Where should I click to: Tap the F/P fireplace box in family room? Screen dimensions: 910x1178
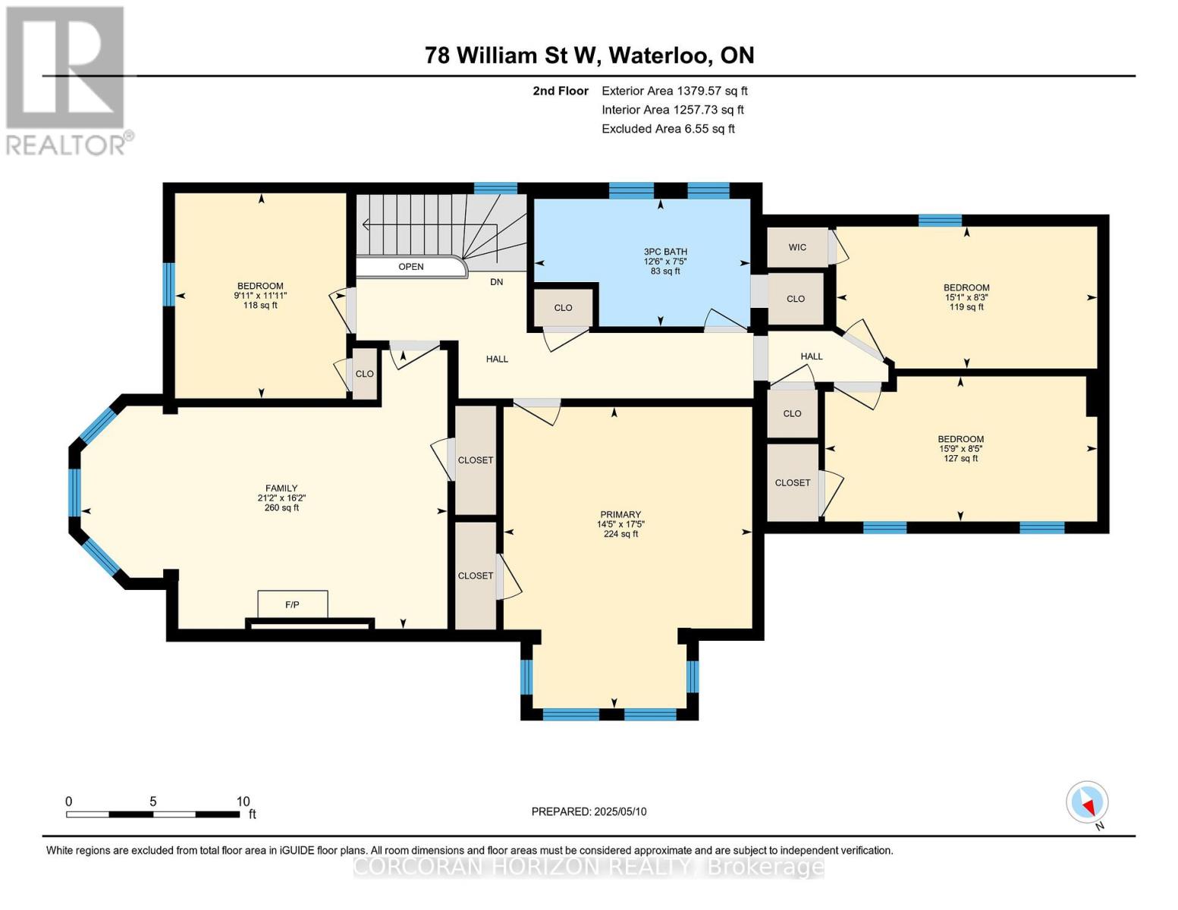point(292,604)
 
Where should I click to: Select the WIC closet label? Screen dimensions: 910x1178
point(796,247)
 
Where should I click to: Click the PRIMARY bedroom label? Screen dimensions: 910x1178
point(620,514)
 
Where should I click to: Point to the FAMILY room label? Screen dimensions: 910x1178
point(281,488)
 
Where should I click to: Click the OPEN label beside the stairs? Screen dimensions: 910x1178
point(411,267)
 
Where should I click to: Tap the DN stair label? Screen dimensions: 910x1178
point(496,282)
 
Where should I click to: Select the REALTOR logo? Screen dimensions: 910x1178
point(67,80)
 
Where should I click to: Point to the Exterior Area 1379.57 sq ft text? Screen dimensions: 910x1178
point(674,91)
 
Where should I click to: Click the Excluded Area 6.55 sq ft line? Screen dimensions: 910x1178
point(668,129)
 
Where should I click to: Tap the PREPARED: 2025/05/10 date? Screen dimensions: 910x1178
point(589,811)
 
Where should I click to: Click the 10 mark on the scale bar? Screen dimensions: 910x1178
point(243,802)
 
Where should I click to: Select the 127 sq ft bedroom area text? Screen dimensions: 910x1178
point(960,458)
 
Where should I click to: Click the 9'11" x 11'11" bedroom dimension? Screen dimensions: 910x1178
point(260,296)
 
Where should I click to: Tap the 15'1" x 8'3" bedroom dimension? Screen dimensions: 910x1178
point(966,297)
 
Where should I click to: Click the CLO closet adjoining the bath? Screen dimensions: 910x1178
point(563,308)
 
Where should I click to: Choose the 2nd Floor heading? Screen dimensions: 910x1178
point(561,91)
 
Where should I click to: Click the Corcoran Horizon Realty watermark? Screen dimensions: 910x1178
point(589,867)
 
